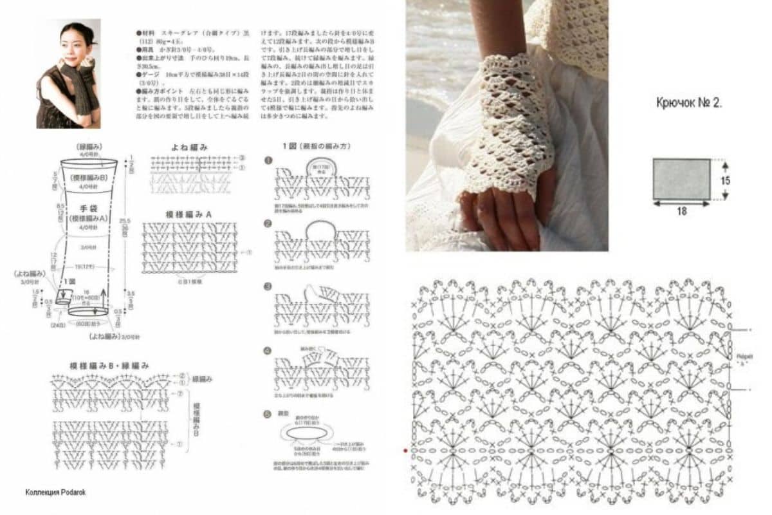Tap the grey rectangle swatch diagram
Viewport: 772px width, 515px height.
click(x=681, y=178)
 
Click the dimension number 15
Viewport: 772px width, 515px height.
click(x=725, y=180)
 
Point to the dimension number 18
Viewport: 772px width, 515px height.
click(x=681, y=211)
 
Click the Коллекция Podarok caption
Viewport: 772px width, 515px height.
click(x=55, y=492)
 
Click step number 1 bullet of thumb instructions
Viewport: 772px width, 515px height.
click(x=268, y=160)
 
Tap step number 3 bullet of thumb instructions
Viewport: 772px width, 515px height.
click(x=268, y=286)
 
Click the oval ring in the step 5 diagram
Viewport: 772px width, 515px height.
click(x=307, y=433)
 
